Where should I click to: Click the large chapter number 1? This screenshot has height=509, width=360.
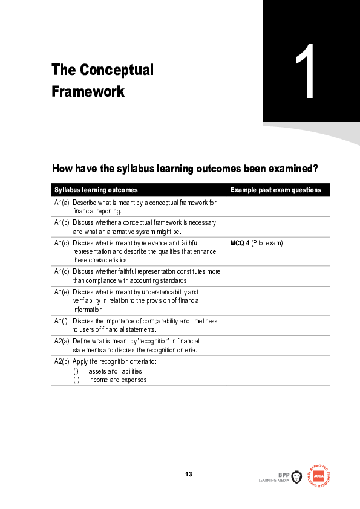pos(306,73)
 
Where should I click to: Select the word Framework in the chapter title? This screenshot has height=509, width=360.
pos(88,92)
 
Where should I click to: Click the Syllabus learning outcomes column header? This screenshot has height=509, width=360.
pos(96,190)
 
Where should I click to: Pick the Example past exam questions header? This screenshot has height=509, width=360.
pos(275,190)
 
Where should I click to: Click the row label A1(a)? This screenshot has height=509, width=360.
pos(62,203)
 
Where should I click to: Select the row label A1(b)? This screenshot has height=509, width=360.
pos(62,223)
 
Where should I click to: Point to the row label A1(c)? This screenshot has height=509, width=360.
pos(62,243)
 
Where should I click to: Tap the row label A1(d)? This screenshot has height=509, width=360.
pos(62,271)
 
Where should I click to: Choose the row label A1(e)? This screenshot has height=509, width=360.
pos(62,292)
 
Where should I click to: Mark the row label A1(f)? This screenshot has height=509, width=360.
pos(62,321)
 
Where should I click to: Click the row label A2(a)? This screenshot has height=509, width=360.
pos(62,342)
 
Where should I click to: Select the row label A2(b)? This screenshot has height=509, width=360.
pos(62,361)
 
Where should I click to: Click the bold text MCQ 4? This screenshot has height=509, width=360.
pos(240,243)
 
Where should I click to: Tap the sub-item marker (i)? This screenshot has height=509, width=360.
pos(76,371)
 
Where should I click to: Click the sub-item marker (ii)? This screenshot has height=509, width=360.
pos(77,380)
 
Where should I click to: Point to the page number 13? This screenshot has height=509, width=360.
pos(189,474)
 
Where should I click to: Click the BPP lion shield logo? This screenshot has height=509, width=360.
pos(296,477)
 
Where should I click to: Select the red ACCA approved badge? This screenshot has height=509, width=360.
pos(319,476)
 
